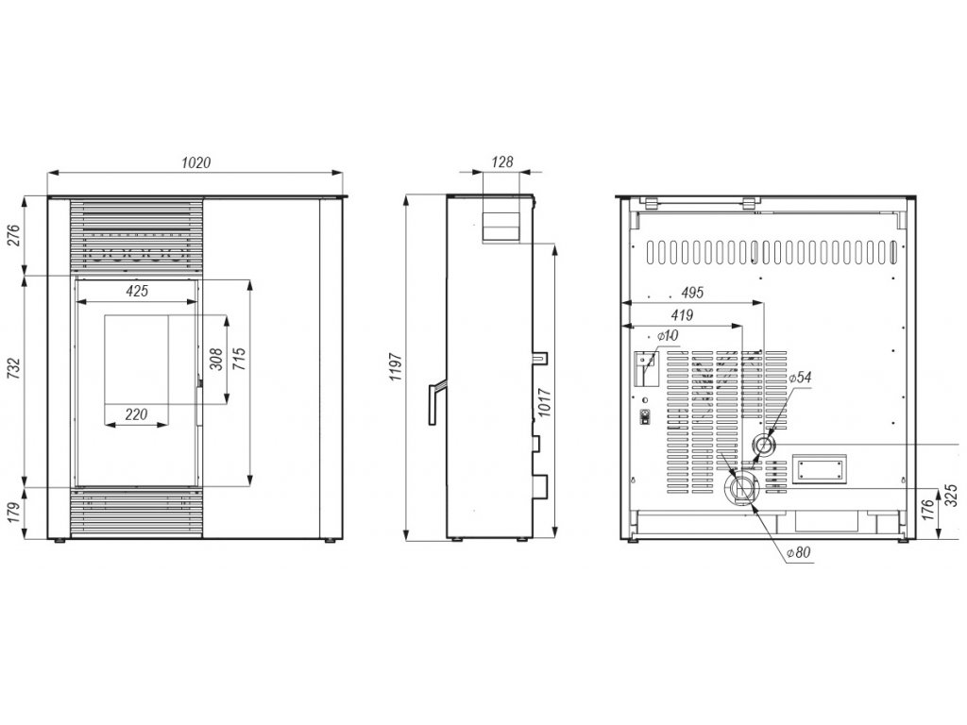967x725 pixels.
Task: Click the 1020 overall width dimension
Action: pos(195,162)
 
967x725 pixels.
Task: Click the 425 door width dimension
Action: pos(137,291)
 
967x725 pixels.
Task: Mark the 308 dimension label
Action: pos(216,359)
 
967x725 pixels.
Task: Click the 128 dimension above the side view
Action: pos(502,162)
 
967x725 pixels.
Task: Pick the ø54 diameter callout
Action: pos(799,378)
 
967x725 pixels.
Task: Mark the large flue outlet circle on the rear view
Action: pos(741,488)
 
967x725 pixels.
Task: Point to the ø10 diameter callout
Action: pos(668,336)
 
